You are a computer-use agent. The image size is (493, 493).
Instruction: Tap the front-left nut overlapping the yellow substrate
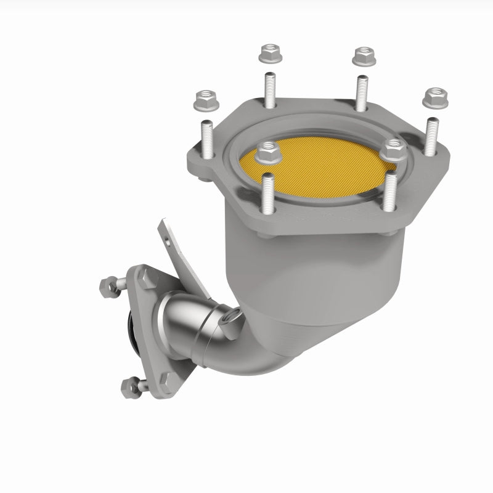click(x=266, y=150)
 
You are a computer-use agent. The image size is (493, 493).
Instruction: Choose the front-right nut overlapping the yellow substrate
click(x=391, y=147)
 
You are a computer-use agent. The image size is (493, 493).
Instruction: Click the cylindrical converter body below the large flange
click(x=290, y=277)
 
